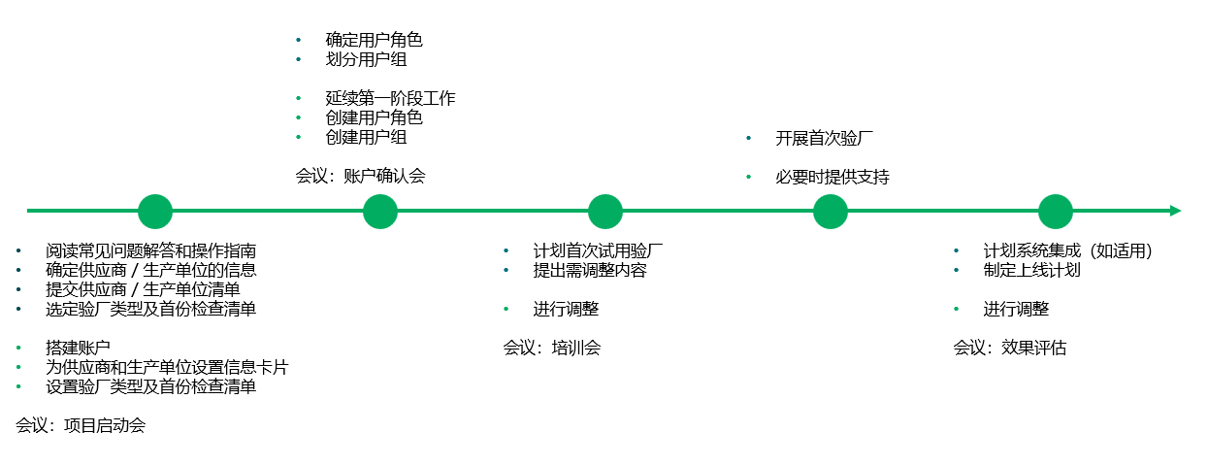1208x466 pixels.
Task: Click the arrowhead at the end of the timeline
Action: pyautogui.click(x=1174, y=211)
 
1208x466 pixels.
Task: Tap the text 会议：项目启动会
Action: pyautogui.click(x=81, y=425)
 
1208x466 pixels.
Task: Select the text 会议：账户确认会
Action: pyautogui.click(x=360, y=176)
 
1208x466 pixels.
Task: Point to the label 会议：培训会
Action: pyautogui.click(x=551, y=348)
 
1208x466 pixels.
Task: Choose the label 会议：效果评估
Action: pyautogui.click(x=1009, y=348)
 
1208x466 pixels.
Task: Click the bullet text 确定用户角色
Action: pyautogui.click(x=374, y=41)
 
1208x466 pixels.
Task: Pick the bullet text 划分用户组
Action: pyautogui.click(x=366, y=60)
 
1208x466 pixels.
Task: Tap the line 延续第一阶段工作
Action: pyautogui.click(x=390, y=99)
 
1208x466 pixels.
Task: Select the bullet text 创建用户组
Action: pyautogui.click(x=366, y=138)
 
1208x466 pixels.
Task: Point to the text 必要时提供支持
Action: pyautogui.click(x=832, y=178)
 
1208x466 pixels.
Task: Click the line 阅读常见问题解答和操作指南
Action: pyautogui.click(x=150, y=250)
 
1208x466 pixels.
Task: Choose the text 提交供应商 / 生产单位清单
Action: pyautogui.click(x=143, y=289)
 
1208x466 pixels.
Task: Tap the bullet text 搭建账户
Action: pyautogui.click(x=78, y=348)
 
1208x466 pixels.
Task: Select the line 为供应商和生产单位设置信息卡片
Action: pyautogui.click(x=167, y=367)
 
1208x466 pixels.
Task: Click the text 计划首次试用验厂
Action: pyautogui.click(x=598, y=250)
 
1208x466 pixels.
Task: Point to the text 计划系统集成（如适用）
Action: pyautogui.click(x=1066, y=250)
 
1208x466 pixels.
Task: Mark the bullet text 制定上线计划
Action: pyautogui.click(x=1031, y=270)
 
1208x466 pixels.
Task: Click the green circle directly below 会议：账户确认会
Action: pyautogui.click(x=380, y=212)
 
